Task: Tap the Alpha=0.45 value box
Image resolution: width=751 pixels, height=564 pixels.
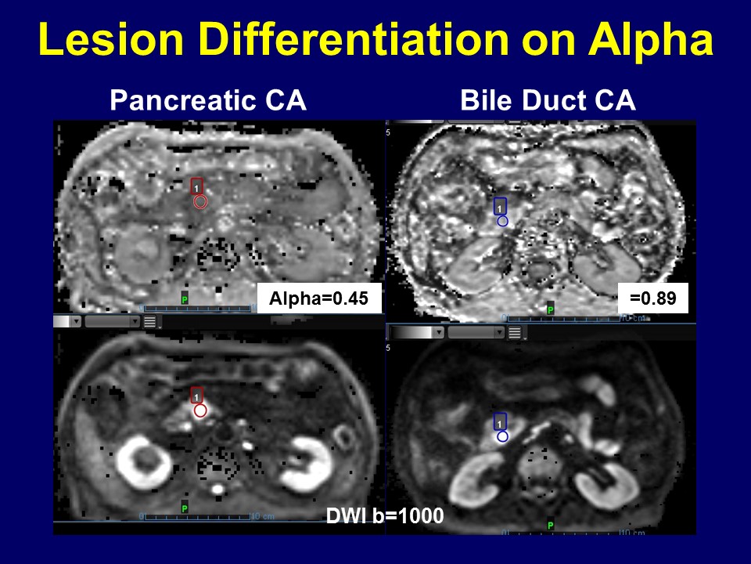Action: click(318, 298)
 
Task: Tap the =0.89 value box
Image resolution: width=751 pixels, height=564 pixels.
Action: click(653, 298)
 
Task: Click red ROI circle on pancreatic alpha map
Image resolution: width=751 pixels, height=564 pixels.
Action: click(200, 202)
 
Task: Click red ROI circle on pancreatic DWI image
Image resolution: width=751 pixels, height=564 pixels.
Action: click(200, 410)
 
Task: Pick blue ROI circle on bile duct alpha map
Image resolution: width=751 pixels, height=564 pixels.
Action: click(502, 221)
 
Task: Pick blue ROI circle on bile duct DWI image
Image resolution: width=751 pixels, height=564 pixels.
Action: click(502, 436)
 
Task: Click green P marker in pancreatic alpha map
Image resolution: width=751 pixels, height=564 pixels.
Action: click(185, 299)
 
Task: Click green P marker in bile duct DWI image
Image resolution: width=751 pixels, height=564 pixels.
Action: click(551, 525)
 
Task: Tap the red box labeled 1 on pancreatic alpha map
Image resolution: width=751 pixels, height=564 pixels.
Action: click(197, 186)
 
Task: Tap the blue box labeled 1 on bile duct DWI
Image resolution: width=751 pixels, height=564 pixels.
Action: click(501, 421)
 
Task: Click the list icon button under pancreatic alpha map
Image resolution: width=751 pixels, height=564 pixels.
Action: click(149, 321)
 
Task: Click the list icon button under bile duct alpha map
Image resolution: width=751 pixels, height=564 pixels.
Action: click(514, 332)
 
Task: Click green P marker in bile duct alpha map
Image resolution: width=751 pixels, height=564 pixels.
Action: click(551, 310)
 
